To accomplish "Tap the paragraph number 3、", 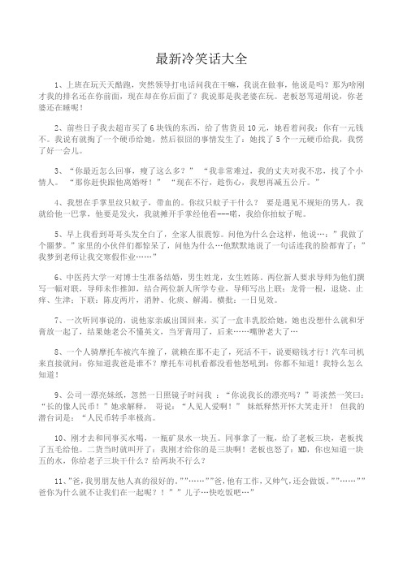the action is pyautogui.click(x=56, y=172).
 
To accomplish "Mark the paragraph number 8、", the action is pyautogui.click(x=56, y=355).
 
